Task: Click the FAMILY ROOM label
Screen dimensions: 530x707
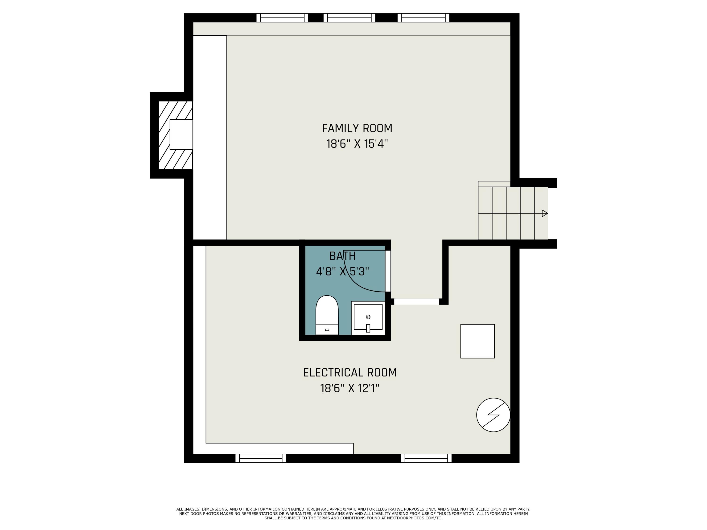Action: [x=357, y=128]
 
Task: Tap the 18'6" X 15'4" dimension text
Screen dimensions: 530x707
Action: [x=357, y=144]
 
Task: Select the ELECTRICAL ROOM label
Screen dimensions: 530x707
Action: [x=350, y=372]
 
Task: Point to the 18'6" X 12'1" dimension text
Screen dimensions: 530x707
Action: [x=350, y=388]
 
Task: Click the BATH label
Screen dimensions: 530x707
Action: [x=342, y=256]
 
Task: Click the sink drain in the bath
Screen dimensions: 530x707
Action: [x=368, y=317]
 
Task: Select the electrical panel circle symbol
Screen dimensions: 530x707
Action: [x=493, y=415]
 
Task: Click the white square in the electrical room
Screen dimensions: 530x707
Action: [x=477, y=341]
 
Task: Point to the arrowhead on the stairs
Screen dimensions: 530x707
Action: [x=545, y=213]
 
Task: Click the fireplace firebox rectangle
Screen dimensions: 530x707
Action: [x=181, y=135]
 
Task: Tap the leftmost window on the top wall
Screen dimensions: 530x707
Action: [x=282, y=18]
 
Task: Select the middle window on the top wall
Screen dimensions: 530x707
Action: [x=349, y=18]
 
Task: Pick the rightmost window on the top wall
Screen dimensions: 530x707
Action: [x=423, y=18]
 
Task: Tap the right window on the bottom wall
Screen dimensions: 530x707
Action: [x=426, y=458]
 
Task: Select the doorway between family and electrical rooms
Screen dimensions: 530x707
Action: [x=416, y=302]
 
